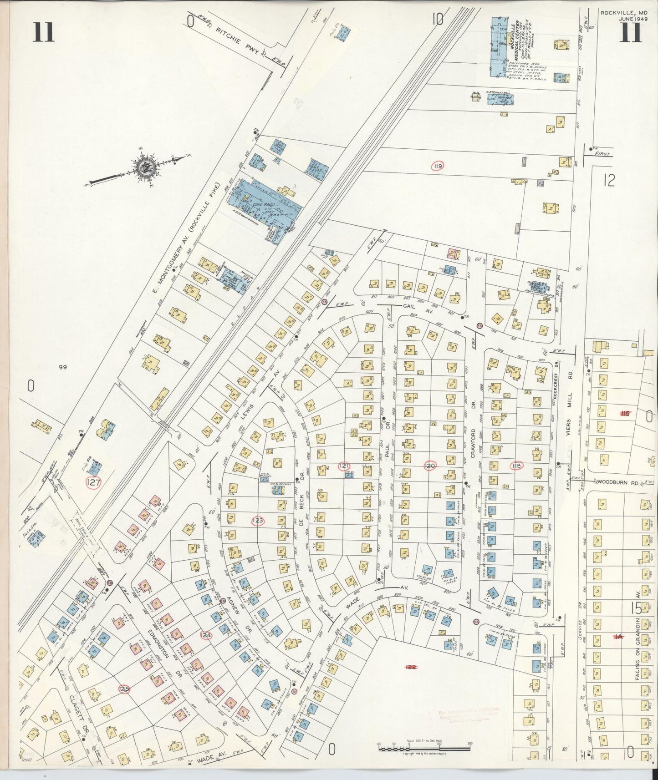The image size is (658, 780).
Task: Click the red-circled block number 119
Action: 438,166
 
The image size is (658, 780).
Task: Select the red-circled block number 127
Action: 94,483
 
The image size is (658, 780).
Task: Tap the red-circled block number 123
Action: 258,521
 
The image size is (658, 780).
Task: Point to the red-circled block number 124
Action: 206,634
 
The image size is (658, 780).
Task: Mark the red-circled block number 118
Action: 516,466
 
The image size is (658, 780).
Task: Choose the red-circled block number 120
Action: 429,466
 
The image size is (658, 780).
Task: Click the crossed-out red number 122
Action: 411,667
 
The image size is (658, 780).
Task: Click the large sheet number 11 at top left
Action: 43,32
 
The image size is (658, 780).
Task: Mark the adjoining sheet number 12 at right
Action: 608,181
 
